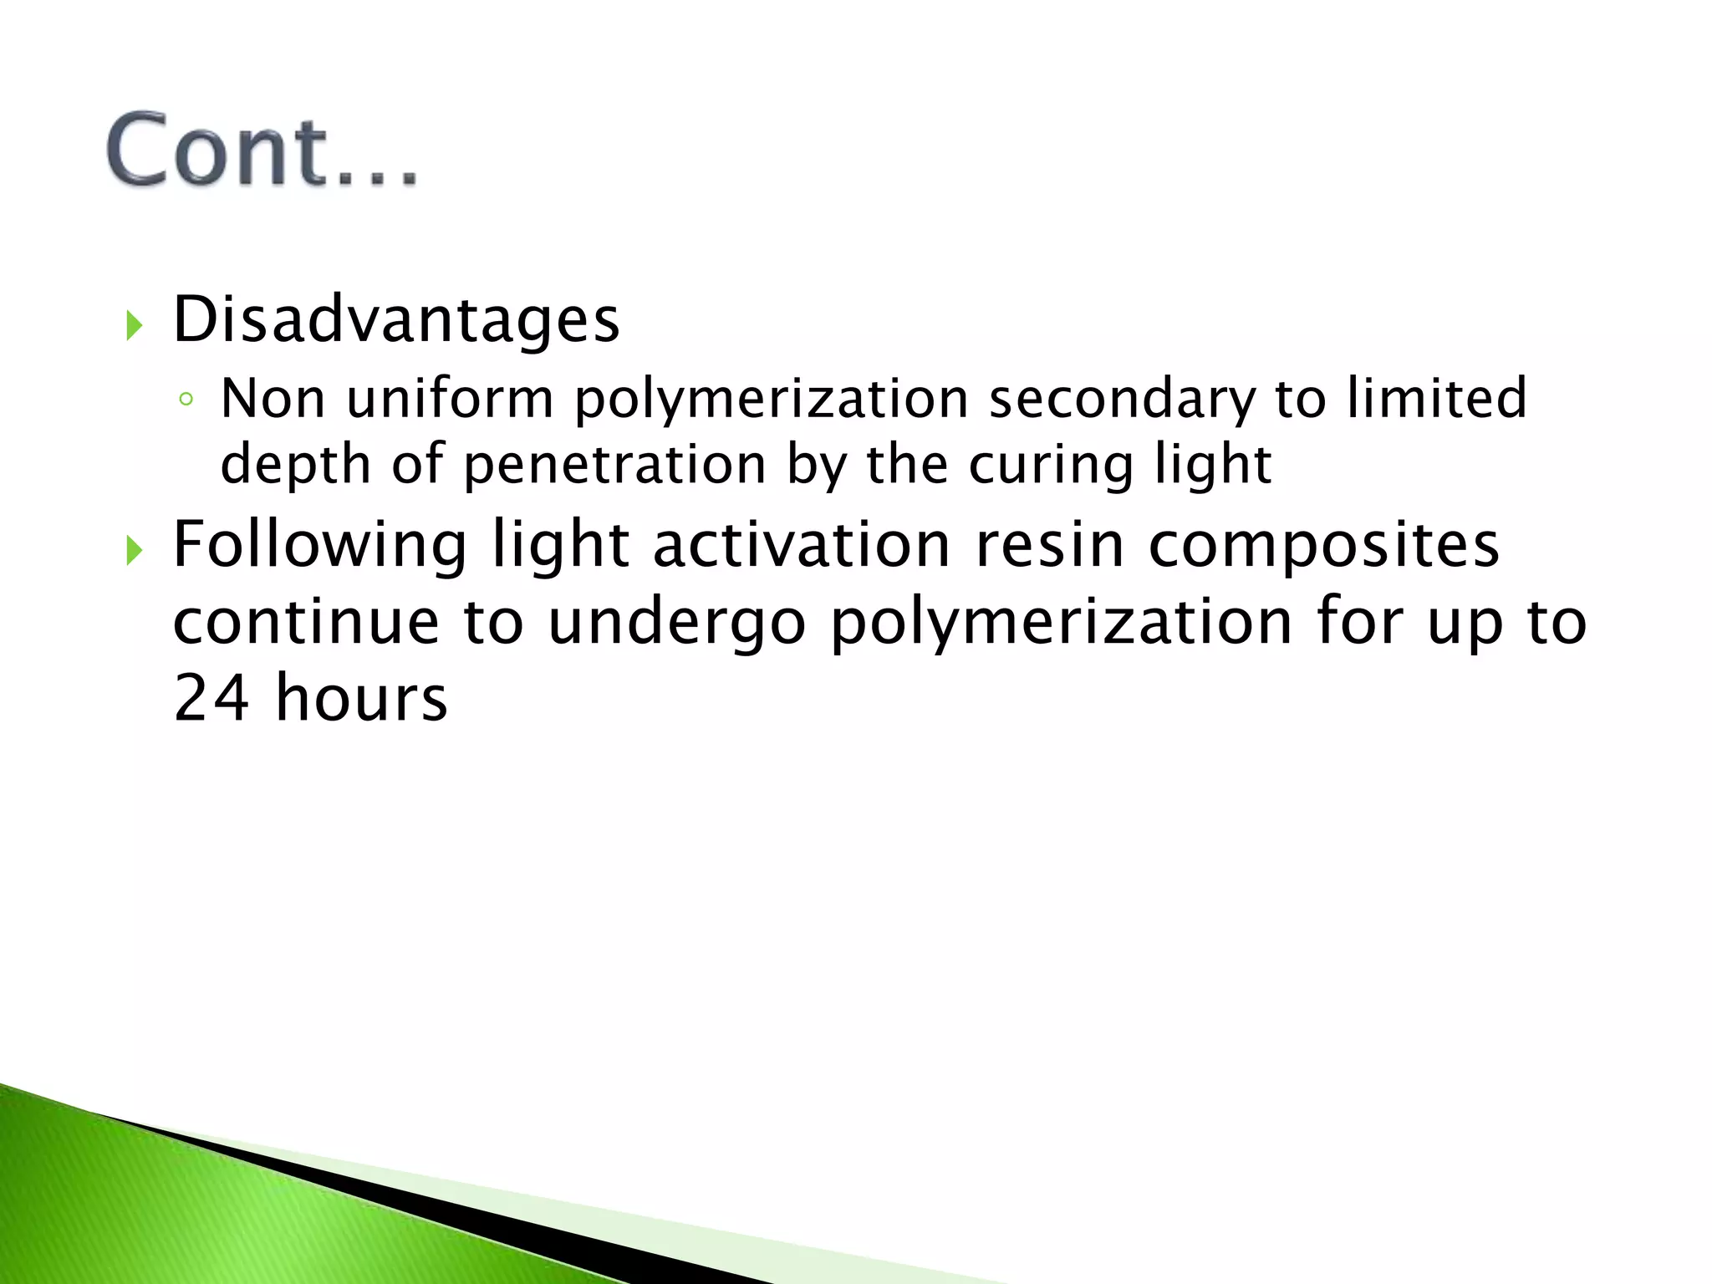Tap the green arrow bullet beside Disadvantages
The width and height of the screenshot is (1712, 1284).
pyautogui.click(x=134, y=324)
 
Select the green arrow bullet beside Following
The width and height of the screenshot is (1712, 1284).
pyautogui.click(x=134, y=550)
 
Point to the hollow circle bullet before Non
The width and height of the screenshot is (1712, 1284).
pyautogui.click(x=186, y=400)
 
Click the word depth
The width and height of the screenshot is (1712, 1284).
pyautogui.click(x=295, y=465)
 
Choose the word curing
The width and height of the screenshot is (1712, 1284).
pyautogui.click(x=1051, y=466)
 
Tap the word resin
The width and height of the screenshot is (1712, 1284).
pyautogui.click(x=1050, y=545)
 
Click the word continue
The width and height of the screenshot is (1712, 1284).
pyautogui.click(x=306, y=623)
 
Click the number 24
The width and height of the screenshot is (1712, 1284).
pyautogui.click(x=211, y=697)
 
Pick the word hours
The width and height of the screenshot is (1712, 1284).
pyautogui.click(x=361, y=697)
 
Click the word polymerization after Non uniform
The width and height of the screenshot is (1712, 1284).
pyautogui.click(x=770, y=400)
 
